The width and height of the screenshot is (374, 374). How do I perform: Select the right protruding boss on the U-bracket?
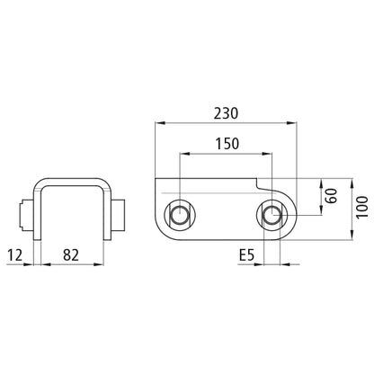(119, 217)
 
